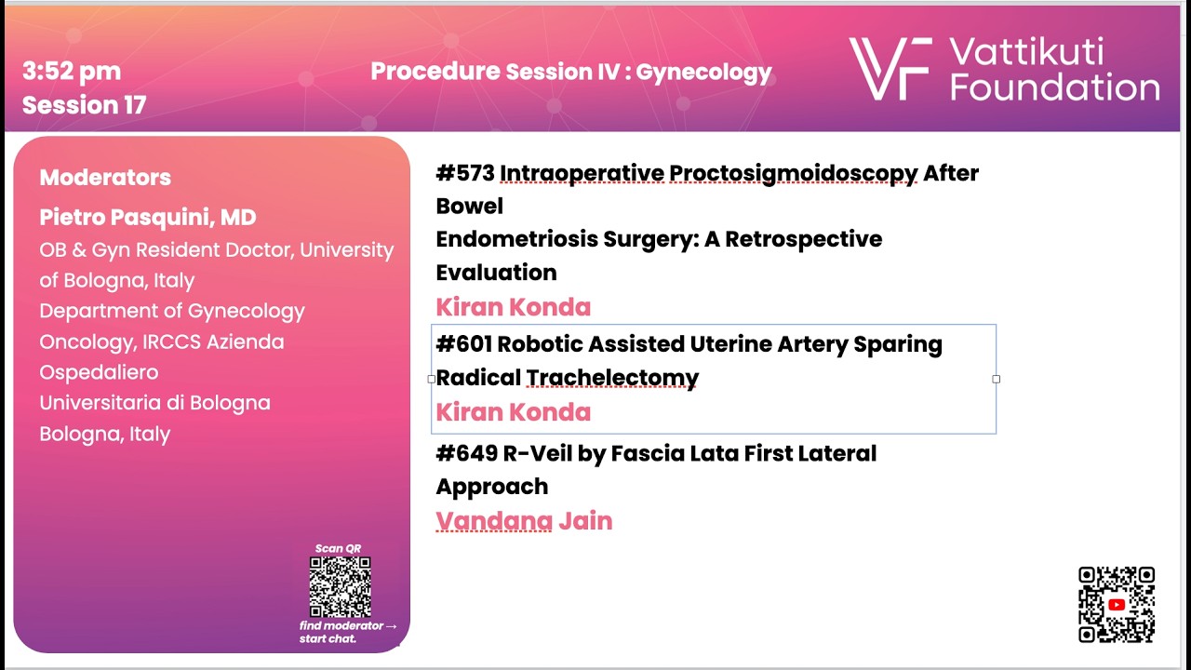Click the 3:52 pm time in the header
coord(72,72)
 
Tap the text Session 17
coord(84,105)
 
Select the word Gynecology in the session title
coord(703,73)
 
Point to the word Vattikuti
coord(1026,51)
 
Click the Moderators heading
coord(105,178)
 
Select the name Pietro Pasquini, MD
coord(148,217)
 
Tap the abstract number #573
coord(465,173)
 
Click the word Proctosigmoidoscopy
coord(709,174)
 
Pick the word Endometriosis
coord(516,239)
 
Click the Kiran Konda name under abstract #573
coord(513,307)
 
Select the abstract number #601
coord(464,344)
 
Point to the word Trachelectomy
coord(612,378)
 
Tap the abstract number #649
coord(467,453)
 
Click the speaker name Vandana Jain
coord(524,521)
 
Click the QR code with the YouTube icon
coord(1117,605)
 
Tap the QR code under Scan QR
coord(341,587)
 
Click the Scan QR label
coord(338,548)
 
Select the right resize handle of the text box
coord(996,379)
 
